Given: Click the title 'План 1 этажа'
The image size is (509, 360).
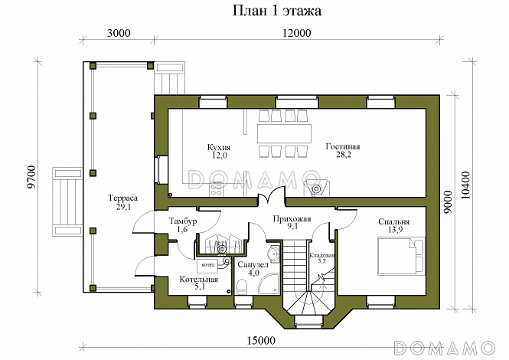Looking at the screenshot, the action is pos(277,11).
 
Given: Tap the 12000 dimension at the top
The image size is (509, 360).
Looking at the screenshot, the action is pos(296,33).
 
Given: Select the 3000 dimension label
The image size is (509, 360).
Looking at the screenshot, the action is pos(119,33).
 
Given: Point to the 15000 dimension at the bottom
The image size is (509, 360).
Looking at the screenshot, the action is pos(261,341).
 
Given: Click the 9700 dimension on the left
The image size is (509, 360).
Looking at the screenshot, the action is pos(31,177).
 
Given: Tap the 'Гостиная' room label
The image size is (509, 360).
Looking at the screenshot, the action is pos(343,146).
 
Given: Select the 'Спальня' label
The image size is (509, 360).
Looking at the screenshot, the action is pos(393,222).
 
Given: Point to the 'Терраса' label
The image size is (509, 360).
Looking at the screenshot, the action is pos(122,198).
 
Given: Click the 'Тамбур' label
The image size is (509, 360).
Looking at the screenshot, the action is pos(183,221).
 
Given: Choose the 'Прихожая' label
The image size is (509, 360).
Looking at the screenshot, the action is pos(292,219).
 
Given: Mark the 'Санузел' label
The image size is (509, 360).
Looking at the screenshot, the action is pos(253,265).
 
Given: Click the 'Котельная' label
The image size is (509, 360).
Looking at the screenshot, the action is pos(199,280).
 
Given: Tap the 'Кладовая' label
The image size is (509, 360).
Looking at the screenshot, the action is pos(321,255).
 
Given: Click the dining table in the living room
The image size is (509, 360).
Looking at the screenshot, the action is pos(285,133).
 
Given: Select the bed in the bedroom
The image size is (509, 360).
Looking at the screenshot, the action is pos(401,257).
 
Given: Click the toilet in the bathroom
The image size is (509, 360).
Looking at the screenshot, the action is pos(242,287).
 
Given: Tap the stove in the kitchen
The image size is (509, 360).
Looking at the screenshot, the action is pos(216,189).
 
